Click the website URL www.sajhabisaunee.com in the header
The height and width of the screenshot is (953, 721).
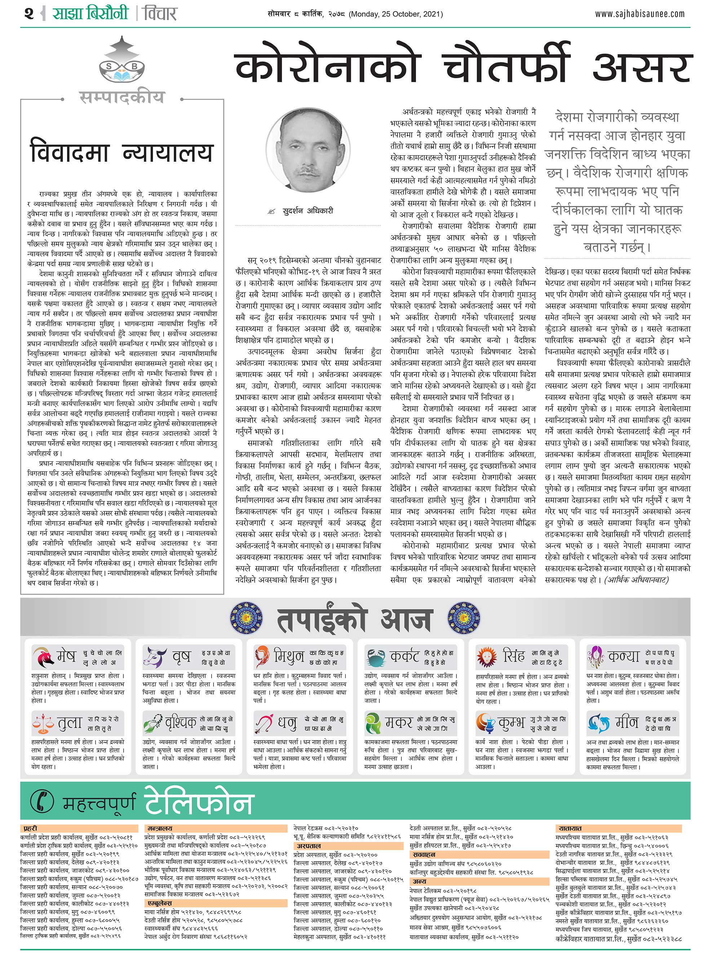pos(640,14)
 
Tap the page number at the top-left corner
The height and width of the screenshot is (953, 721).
pos(29,14)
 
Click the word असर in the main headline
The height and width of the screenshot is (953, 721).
pos(642,67)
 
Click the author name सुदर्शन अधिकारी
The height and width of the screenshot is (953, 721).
pos(308,211)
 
